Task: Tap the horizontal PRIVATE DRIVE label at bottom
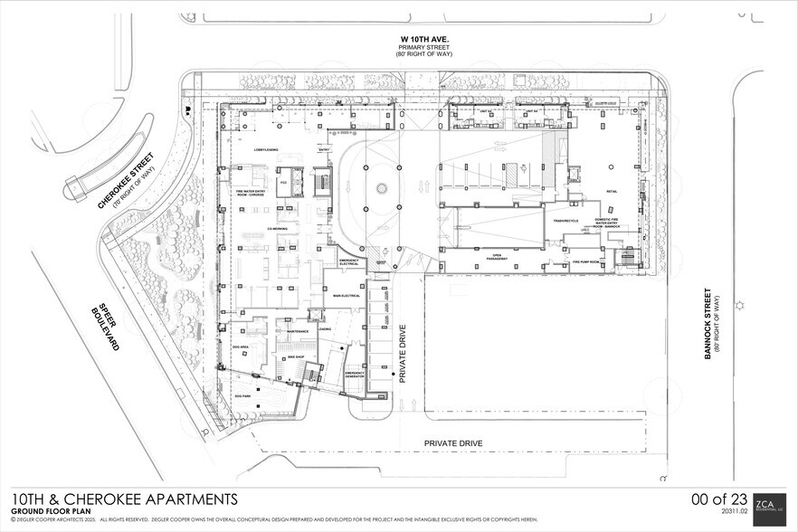pos(454,443)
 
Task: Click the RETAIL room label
pos(612,192)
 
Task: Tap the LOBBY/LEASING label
pos(252,150)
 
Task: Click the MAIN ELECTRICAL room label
pos(347,296)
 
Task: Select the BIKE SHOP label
pos(294,357)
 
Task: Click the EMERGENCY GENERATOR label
pos(354,375)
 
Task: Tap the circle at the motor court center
pos(382,188)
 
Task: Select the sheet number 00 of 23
pos(719,499)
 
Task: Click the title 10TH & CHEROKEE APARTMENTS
pos(125,499)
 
